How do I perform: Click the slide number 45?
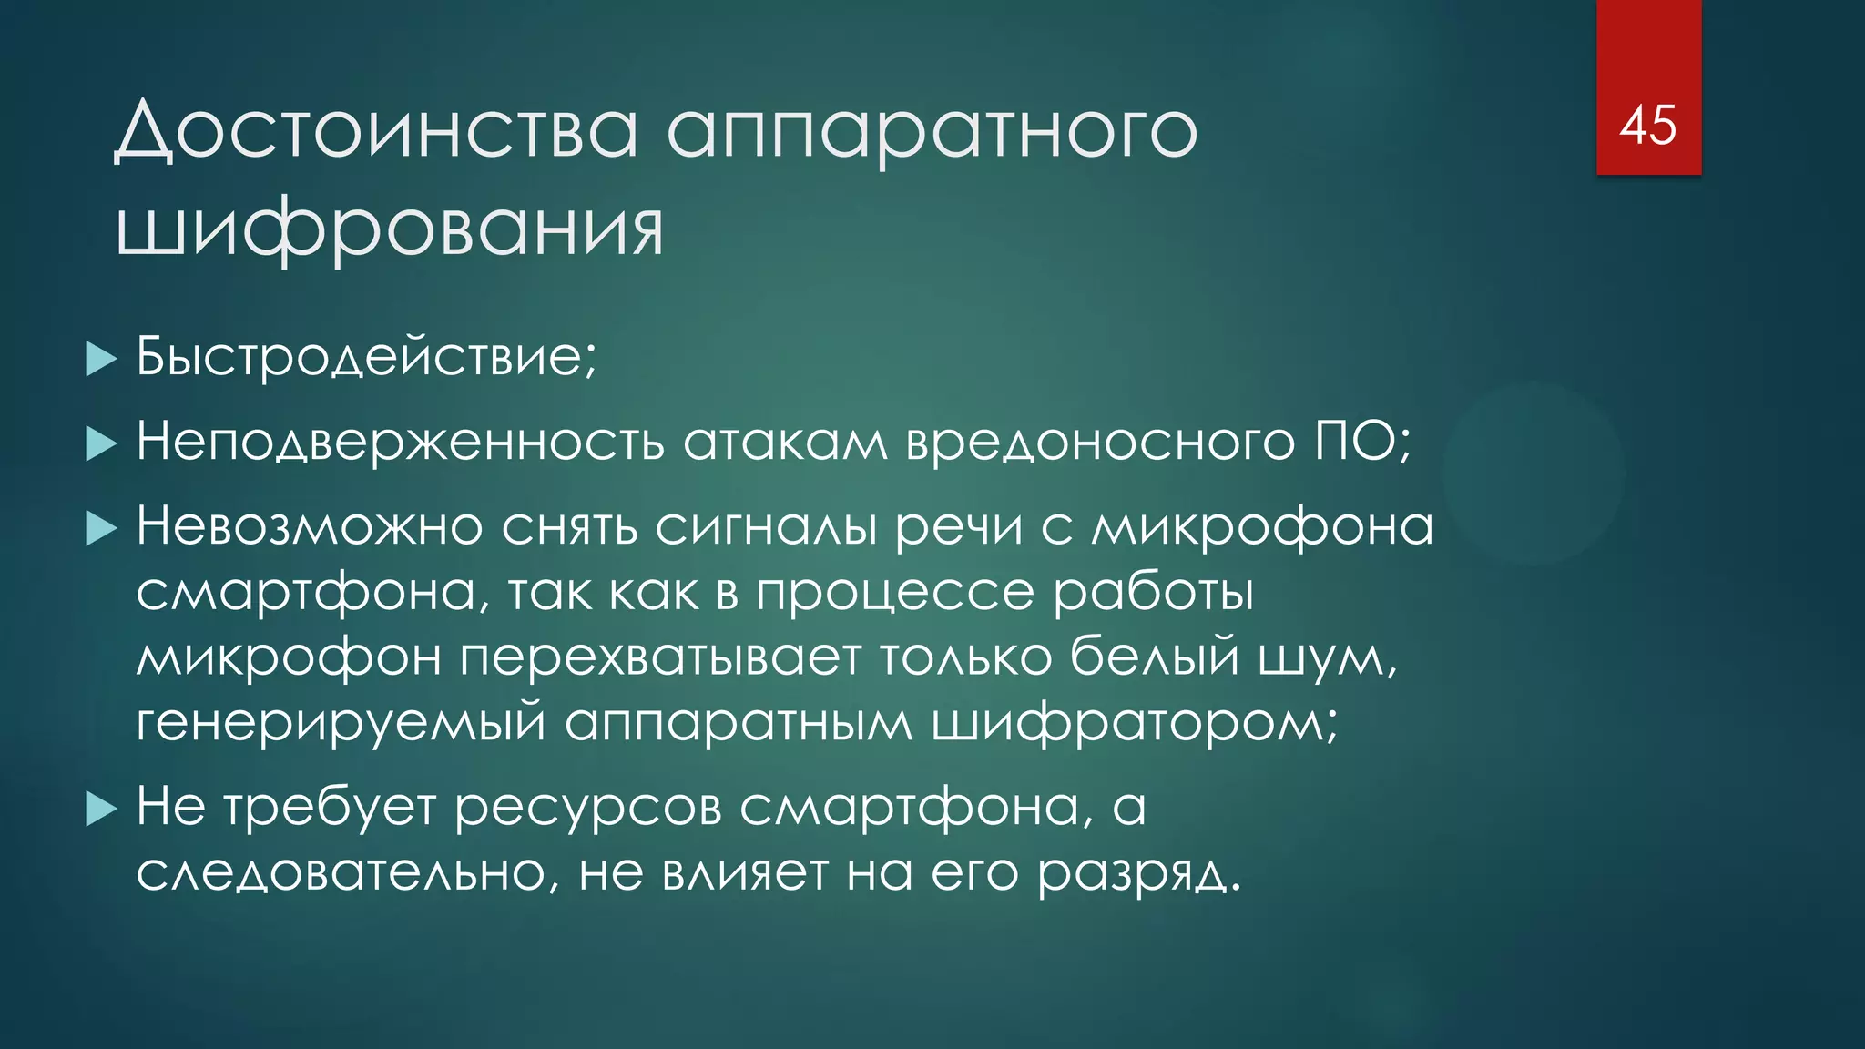[1647, 125]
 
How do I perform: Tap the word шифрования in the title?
[390, 229]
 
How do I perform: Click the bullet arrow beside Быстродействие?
[101, 359]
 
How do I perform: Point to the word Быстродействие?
[364, 356]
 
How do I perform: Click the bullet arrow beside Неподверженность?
[101, 444]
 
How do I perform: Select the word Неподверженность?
[400, 443]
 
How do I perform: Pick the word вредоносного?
[1100, 443]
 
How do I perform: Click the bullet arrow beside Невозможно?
[101, 528]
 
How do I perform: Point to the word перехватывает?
[660, 657]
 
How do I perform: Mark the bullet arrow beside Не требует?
[101, 809]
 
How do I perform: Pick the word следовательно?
[341, 872]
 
